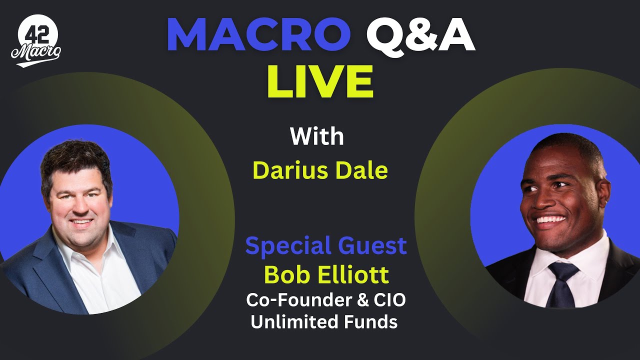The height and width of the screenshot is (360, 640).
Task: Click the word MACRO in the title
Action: click(x=258, y=35)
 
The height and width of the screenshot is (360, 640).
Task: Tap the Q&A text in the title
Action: click(x=420, y=36)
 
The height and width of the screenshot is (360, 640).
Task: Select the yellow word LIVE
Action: click(x=320, y=81)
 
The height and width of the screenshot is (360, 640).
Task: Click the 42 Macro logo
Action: click(x=36, y=40)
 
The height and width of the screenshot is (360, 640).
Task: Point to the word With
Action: click(x=317, y=136)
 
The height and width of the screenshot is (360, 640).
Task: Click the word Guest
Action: click(x=372, y=245)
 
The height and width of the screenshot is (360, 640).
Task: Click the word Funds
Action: click(x=371, y=321)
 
